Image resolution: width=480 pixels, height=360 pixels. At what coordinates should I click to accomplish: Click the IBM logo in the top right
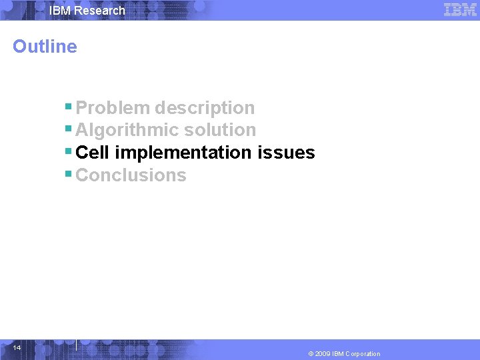(x=460, y=10)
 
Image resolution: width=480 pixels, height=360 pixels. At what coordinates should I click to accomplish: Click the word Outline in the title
(x=45, y=47)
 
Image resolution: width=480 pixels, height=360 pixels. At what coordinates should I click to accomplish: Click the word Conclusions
(x=131, y=175)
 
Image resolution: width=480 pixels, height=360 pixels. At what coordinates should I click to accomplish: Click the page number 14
(x=17, y=348)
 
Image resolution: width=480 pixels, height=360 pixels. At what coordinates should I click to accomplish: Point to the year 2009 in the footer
(x=323, y=354)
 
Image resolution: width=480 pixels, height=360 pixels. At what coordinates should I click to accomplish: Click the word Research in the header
(x=99, y=11)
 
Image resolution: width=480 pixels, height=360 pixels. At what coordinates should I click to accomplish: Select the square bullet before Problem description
(x=69, y=105)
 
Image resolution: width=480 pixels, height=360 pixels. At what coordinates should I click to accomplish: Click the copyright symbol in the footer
(x=311, y=354)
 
